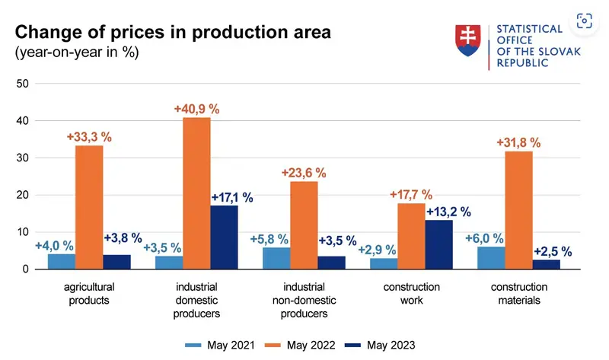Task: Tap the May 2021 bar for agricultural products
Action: pyautogui.click(x=61, y=261)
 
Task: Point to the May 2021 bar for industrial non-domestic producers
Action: pyautogui.click(x=276, y=258)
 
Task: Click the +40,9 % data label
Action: pyautogui.click(x=196, y=109)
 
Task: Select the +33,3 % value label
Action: pyautogui.click(x=89, y=137)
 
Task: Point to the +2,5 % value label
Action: pyautogui.click(x=553, y=251)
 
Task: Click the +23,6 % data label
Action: pyautogui.click(x=304, y=173)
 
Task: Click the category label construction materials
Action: pyautogui.click(x=519, y=294)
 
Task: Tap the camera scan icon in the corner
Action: pyautogui.click(x=585, y=21)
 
